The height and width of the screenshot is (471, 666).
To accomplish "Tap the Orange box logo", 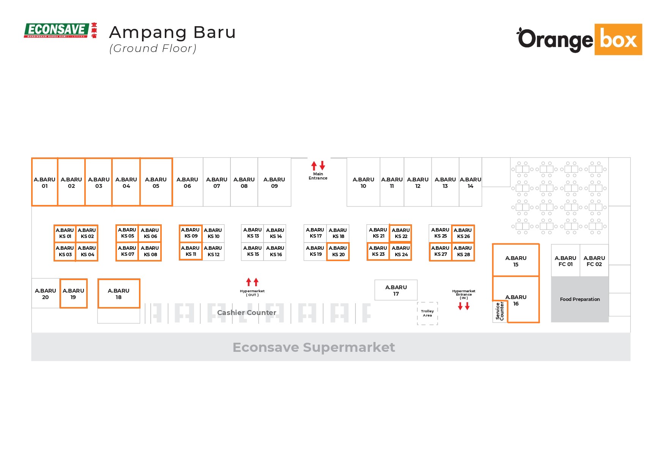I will tap(579, 39).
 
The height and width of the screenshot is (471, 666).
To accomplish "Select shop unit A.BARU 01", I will tap(45, 183).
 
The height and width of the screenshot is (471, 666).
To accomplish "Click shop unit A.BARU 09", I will tap(274, 183).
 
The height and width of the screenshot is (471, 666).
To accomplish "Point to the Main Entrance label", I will tap(318, 176).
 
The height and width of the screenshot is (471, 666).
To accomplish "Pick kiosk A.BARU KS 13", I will tap(253, 233).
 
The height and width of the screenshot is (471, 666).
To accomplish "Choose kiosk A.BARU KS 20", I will tap(338, 251).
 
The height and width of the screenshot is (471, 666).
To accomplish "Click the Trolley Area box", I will tap(428, 313).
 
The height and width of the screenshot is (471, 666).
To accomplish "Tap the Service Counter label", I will tap(500, 311).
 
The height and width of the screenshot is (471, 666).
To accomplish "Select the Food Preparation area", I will tap(580, 299).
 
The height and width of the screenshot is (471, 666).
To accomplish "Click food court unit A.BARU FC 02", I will tap(594, 261).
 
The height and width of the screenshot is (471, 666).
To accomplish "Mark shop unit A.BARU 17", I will tap(396, 290).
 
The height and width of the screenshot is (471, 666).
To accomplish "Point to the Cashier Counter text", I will tap(246, 313).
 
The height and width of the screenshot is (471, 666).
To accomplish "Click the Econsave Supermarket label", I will tap(314, 347).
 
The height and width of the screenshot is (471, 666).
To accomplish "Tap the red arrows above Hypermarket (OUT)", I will tap(252, 282).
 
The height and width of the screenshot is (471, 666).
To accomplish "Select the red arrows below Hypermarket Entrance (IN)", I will tap(464, 306).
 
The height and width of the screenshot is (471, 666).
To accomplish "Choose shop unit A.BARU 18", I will tap(119, 294).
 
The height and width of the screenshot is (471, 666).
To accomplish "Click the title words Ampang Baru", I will tap(172, 33).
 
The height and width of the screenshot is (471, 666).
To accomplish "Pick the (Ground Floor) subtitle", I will tap(153, 49).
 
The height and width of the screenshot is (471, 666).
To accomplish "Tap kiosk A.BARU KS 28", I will tap(463, 251).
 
